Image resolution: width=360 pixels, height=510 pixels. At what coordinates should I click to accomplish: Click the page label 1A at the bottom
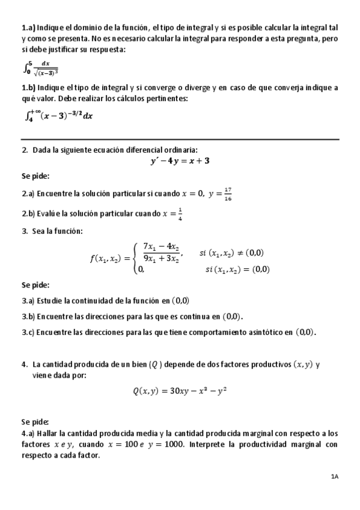(x=335, y=476)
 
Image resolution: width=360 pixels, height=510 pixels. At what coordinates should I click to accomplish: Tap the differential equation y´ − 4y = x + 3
(x=180, y=161)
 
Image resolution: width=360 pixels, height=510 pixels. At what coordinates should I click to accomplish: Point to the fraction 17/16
(x=227, y=194)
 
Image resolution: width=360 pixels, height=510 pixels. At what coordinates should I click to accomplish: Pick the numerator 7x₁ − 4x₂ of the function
(x=158, y=246)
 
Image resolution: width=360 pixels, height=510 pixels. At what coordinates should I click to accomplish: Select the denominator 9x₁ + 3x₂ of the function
(x=158, y=260)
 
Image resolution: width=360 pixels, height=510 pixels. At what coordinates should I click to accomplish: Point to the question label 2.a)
(x=28, y=194)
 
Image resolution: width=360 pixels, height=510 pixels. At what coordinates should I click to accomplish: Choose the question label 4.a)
(x=28, y=433)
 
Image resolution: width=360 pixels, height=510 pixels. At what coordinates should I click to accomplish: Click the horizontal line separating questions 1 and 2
(x=180, y=140)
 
